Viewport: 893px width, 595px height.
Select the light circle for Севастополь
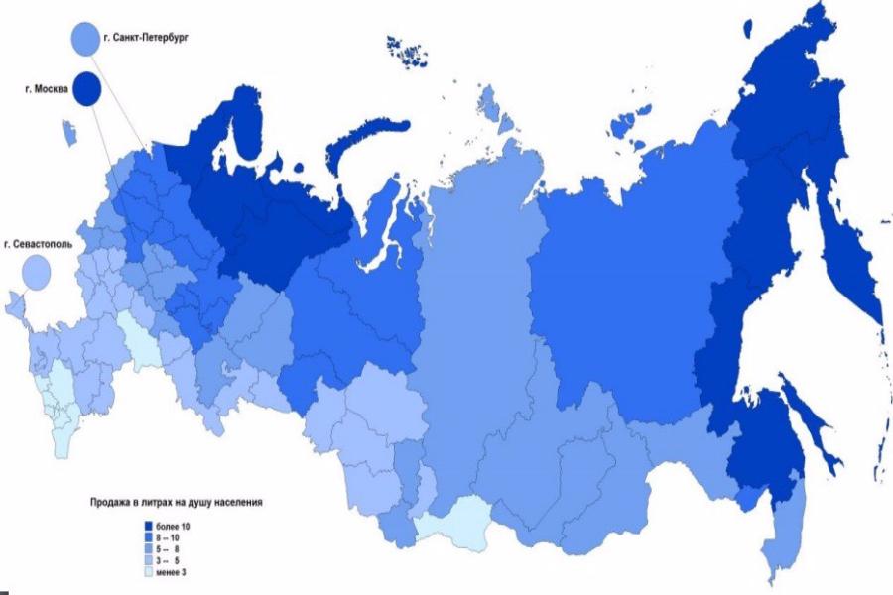(x=37, y=270)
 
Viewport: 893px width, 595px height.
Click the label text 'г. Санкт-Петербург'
(x=145, y=39)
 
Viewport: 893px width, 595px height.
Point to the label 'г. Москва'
(x=47, y=88)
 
